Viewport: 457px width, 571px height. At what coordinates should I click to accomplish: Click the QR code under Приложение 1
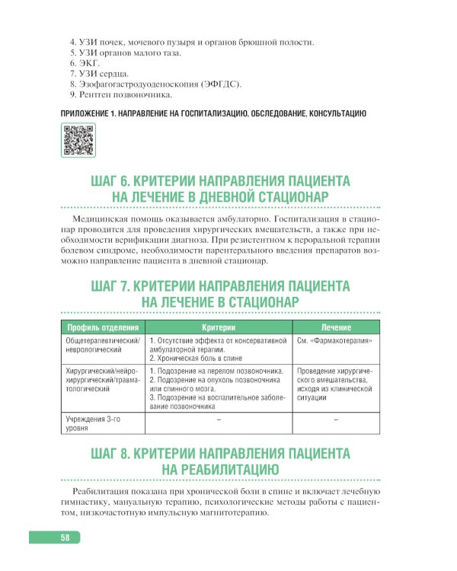click(x=77, y=140)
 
